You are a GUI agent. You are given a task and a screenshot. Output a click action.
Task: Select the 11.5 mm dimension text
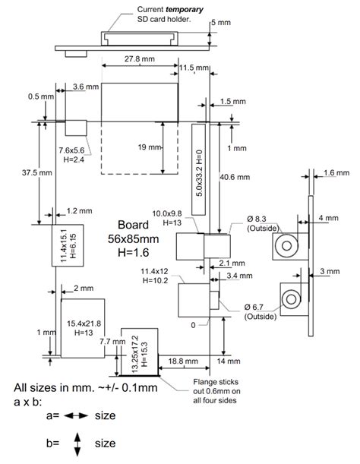click(x=194, y=68)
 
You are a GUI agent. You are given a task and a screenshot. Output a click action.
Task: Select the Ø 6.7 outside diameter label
click(x=259, y=311)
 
